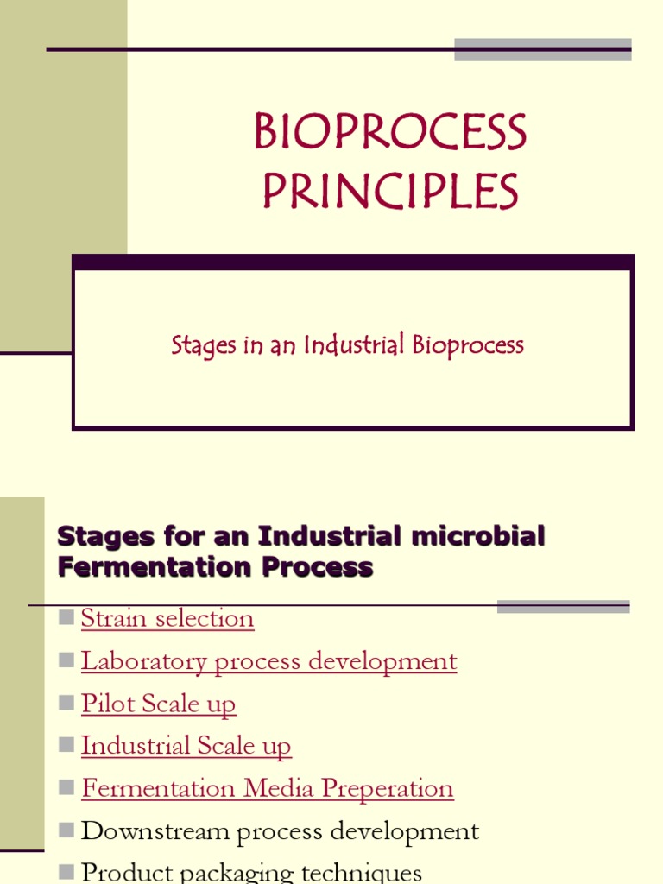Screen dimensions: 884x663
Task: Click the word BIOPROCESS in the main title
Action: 390,135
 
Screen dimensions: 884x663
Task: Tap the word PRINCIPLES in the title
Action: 390,192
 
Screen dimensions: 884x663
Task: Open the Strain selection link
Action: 167,618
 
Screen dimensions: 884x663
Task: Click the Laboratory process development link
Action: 268,661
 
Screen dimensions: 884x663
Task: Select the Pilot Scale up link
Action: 158,704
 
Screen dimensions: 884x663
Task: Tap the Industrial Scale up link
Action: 186,746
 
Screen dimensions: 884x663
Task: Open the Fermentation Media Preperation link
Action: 267,788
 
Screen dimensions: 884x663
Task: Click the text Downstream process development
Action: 280,831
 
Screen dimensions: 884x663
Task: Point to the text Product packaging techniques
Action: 251,872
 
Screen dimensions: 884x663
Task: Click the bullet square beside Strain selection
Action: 66,617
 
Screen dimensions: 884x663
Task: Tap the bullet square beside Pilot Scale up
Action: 66,703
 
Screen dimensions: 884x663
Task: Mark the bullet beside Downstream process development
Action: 66,830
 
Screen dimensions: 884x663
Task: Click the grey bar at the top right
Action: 542,49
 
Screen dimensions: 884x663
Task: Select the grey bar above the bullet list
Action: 563,607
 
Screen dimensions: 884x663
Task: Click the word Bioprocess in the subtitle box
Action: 468,346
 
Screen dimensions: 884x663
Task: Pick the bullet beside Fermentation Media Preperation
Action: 66,787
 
